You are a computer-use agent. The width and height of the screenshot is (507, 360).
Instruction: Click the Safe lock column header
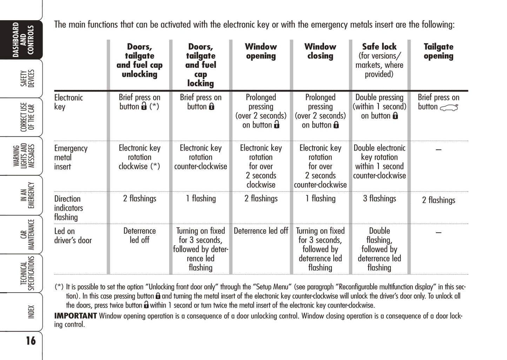(379, 60)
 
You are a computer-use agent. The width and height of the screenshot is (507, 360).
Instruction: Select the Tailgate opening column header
(438, 51)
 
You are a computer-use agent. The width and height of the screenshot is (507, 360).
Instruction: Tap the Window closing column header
(320, 51)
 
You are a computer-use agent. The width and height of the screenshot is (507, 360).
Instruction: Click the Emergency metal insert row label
(71, 157)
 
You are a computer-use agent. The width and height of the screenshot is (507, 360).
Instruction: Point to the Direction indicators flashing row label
(68, 208)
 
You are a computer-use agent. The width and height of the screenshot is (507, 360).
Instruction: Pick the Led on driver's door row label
(73, 236)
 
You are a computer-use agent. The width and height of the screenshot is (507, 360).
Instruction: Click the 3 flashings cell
(379, 199)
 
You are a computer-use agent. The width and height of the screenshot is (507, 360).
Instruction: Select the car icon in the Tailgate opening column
(449, 108)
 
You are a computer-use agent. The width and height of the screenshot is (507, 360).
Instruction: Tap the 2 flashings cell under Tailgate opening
(439, 200)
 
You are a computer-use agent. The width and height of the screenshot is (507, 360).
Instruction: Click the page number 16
(31, 341)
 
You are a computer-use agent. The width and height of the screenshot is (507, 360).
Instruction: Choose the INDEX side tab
(31, 312)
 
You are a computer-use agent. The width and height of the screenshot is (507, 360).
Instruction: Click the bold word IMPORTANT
(75, 316)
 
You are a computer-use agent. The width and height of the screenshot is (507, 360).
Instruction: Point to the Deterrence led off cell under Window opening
(261, 231)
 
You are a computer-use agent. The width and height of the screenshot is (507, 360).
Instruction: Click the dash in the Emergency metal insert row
(438, 150)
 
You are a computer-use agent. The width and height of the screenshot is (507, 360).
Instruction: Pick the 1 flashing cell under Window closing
(320, 199)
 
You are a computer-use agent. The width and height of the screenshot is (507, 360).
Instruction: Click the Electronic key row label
(68, 102)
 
